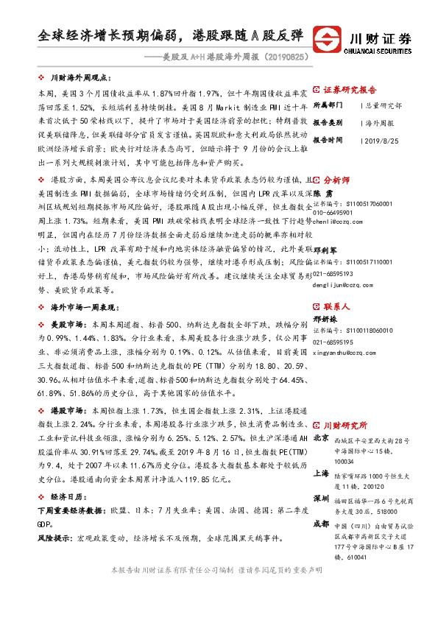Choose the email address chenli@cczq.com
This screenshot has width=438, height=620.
coord(338,220)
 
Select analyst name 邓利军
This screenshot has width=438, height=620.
coord(326,250)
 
